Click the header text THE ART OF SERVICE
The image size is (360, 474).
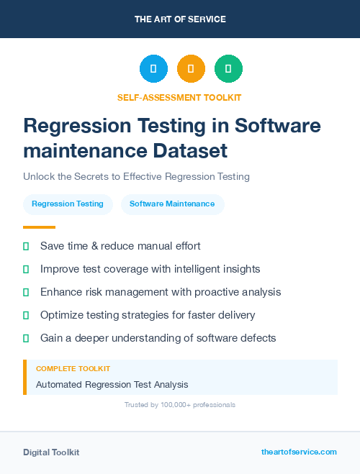pyautogui.click(x=180, y=19)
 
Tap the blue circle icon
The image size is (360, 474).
pyautogui.click(x=153, y=69)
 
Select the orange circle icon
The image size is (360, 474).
pyautogui.click(x=191, y=69)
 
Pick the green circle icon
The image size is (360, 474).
pyautogui.click(x=228, y=69)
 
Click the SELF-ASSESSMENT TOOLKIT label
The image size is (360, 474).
pyautogui.click(x=179, y=97)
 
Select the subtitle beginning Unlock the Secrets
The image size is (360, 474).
pyautogui.click(x=136, y=176)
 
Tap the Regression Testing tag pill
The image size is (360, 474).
pyautogui.click(x=68, y=204)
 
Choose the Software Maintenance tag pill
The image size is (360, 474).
pyautogui.click(x=172, y=204)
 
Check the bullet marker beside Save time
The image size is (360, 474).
pyautogui.click(x=26, y=246)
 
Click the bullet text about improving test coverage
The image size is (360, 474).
pyautogui.click(x=150, y=269)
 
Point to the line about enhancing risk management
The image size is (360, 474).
pyautogui.click(x=161, y=292)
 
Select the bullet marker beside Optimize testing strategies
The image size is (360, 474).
pyautogui.click(x=26, y=315)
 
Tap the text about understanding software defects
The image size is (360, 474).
pyautogui.click(x=158, y=338)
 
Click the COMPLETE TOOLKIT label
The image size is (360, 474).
pyautogui.click(x=73, y=369)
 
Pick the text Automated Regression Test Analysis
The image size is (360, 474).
pyautogui.click(x=112, y=385)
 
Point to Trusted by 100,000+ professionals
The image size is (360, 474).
pyautogui.click(x=180, y=405)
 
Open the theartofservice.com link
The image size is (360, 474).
pyautogui.click(x=299, y=452)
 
